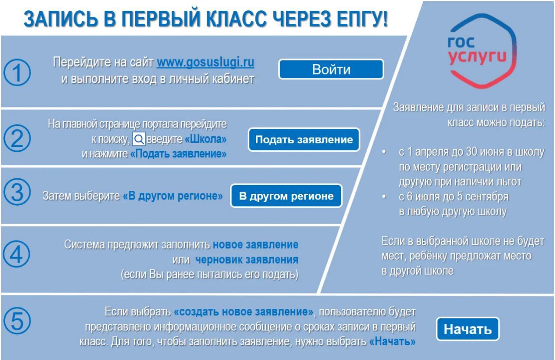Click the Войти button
[x=331, y=69]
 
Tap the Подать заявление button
[x=304, y=140]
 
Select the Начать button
[x=467, y=329]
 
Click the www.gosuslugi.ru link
[x=206, y=62]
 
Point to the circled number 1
[x=17, y=72]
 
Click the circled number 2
[x=17, y=138]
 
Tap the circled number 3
[x=17, y=192]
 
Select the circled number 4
[x=16, y=254]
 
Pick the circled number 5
[x=17, y=321]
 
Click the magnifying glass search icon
[x=139, y=139]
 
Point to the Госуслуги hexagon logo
[x=482, y=51]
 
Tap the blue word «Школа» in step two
[x=206, y=139]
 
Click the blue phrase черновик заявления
[x=247, y=259]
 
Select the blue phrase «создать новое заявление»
[x=244, y=312]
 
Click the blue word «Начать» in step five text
[x=392, y=341]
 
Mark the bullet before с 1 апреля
[x=384, y=151]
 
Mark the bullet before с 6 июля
[x=384, y=196]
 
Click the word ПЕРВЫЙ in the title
[x=160, y=19]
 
